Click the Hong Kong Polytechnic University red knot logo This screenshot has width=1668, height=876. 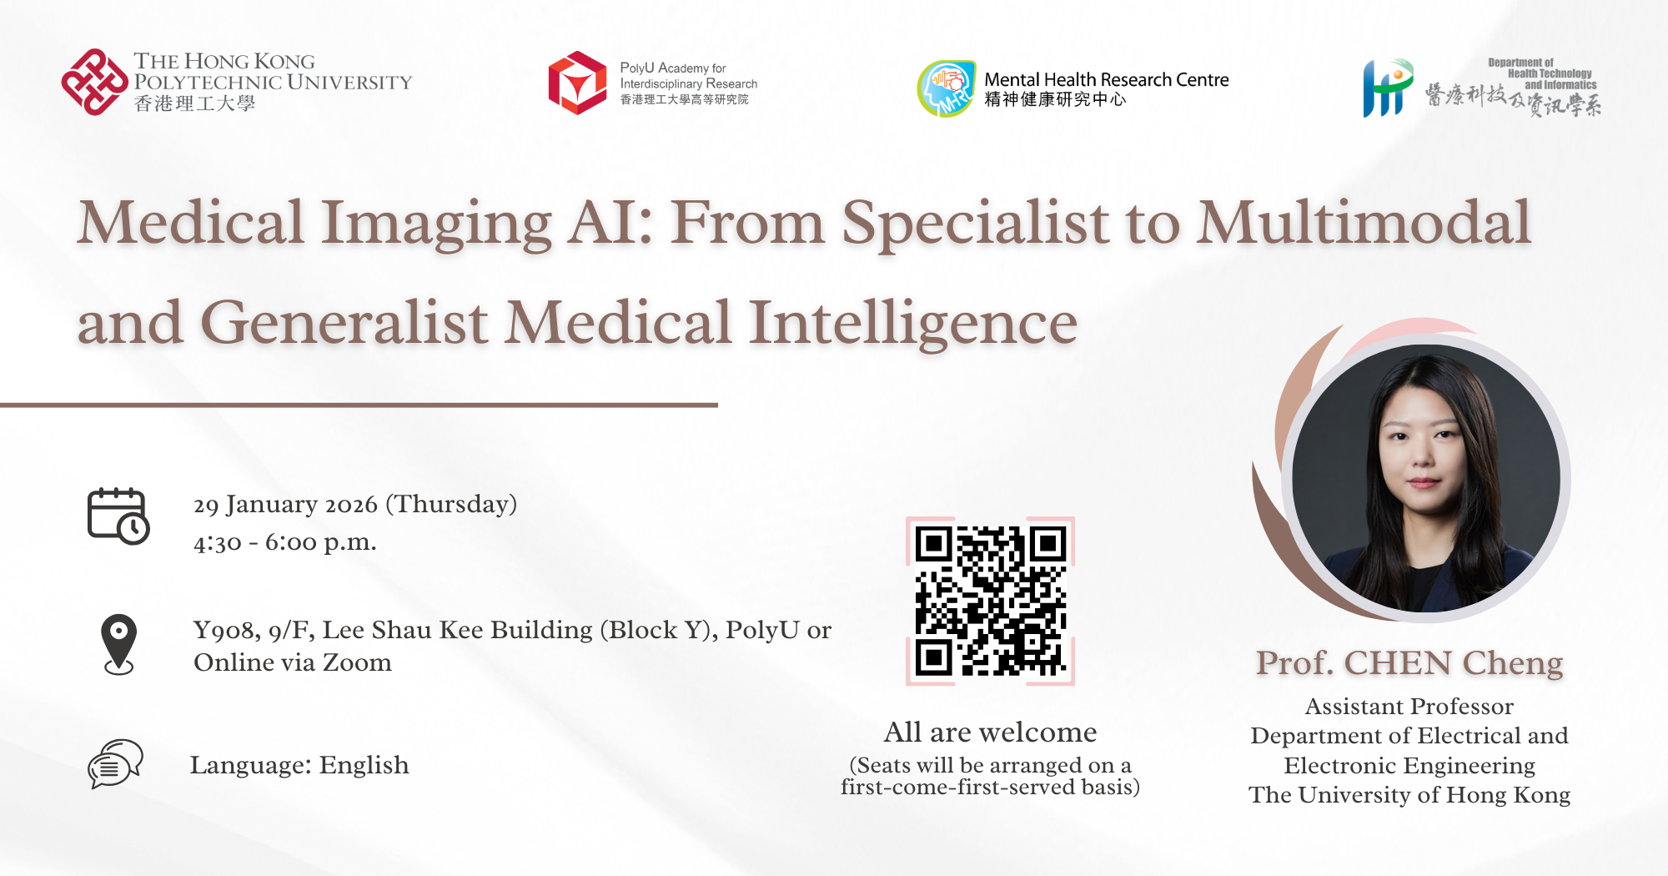pos(94,82)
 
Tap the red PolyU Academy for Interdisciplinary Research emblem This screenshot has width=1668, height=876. pos(577,83)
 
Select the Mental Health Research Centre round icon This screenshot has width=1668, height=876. pos(947,88)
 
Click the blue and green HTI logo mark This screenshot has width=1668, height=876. pos(1387,88)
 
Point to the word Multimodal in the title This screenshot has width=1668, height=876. pos(1364,223)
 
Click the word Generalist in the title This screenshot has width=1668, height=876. pos(344,324)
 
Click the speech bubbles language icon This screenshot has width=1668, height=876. pos(115,763)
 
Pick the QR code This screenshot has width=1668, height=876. pos(990,601)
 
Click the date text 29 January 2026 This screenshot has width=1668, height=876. pos(285,505)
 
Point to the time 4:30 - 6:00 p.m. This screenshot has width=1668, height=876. pos(284,542)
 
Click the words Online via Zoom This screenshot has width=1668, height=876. pos(292,663)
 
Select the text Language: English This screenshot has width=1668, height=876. pos(299,765)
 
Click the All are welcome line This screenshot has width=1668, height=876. pos(990,733)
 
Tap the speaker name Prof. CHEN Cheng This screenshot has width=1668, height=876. pos(1409,663)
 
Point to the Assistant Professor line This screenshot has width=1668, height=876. pos(1409,707)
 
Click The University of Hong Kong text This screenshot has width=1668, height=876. pos(1409,795)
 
